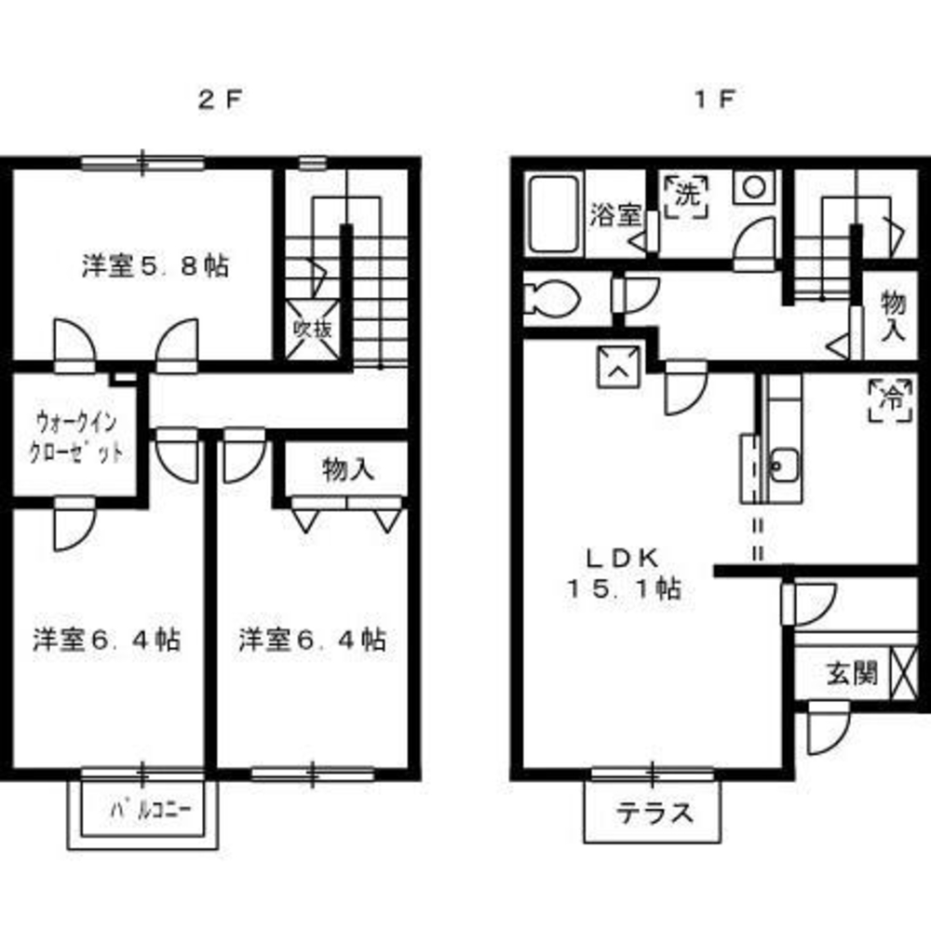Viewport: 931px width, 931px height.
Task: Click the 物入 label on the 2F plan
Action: (x=348, y=470)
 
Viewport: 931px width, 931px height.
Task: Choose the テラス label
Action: (x=655, y=813)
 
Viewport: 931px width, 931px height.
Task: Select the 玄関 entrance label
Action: (x=851, y=672)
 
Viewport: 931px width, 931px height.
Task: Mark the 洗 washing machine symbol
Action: (x=688, y=196)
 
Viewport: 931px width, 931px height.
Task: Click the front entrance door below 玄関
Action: (x=828, y=728)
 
